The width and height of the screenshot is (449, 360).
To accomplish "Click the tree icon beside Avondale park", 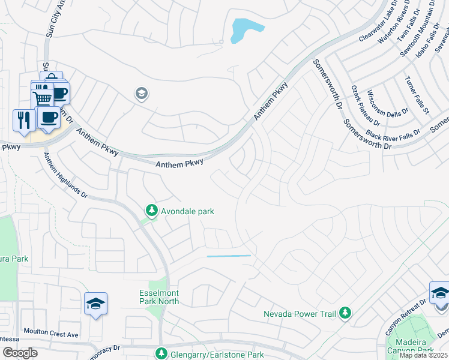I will (x=152, y=211).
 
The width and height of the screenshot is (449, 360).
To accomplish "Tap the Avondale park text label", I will (x=187, y=211).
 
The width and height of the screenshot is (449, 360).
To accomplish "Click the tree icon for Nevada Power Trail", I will (x=345, y=313).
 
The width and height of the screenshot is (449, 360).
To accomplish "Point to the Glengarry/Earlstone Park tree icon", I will (x=160, y=354).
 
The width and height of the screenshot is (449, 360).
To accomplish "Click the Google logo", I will (x=20, y=353).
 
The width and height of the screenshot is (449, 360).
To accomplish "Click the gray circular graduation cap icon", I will (x=142, y=94).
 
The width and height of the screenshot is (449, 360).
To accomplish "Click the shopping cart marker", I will (x=41, y=98).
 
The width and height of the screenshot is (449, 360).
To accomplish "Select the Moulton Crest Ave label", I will (x=51, y=333).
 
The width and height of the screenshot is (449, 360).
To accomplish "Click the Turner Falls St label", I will (x=417, y=94).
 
